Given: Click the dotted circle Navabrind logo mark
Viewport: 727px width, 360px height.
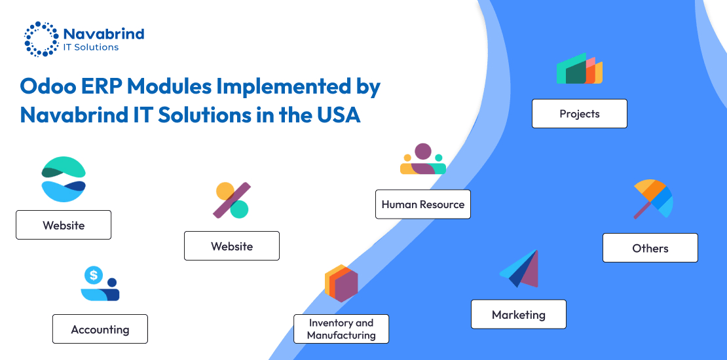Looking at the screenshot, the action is point(42,39).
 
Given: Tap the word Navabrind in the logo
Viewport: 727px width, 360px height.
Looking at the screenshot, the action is point(103,34).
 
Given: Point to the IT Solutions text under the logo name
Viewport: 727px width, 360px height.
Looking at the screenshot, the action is point(91,47).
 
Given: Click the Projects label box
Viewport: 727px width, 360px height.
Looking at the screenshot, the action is point(579,113).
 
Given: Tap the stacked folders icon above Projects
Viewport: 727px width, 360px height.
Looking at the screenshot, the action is point(580,69).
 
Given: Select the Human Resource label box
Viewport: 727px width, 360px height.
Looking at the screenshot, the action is point(423,204).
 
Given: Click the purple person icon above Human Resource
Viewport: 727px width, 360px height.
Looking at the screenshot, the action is point(423,159).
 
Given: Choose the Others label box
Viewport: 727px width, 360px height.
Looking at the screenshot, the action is point(650,248).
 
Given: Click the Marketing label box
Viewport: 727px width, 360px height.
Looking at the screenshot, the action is point(518,314).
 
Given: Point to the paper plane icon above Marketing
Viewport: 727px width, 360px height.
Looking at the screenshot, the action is point(519,269).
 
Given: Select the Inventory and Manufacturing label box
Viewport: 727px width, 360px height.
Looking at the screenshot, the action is point(341,329).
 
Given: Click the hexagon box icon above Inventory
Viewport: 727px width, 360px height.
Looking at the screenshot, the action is point(341,283).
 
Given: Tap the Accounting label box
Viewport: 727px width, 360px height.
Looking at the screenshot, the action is point(100,329).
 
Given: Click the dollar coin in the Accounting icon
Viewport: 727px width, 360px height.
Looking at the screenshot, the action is point(94,275).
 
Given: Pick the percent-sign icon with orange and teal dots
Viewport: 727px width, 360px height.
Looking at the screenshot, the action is point(231,200).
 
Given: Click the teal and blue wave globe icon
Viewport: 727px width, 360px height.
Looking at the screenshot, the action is point(64,179).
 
